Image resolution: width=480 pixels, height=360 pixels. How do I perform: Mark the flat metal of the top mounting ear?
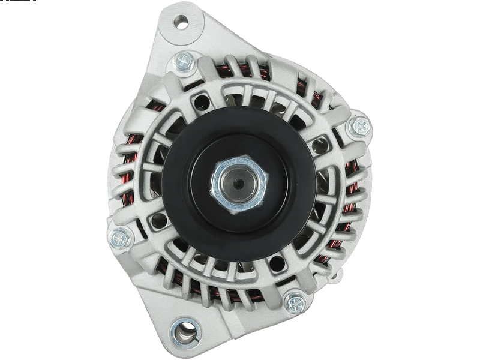click(x=198, y=27)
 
